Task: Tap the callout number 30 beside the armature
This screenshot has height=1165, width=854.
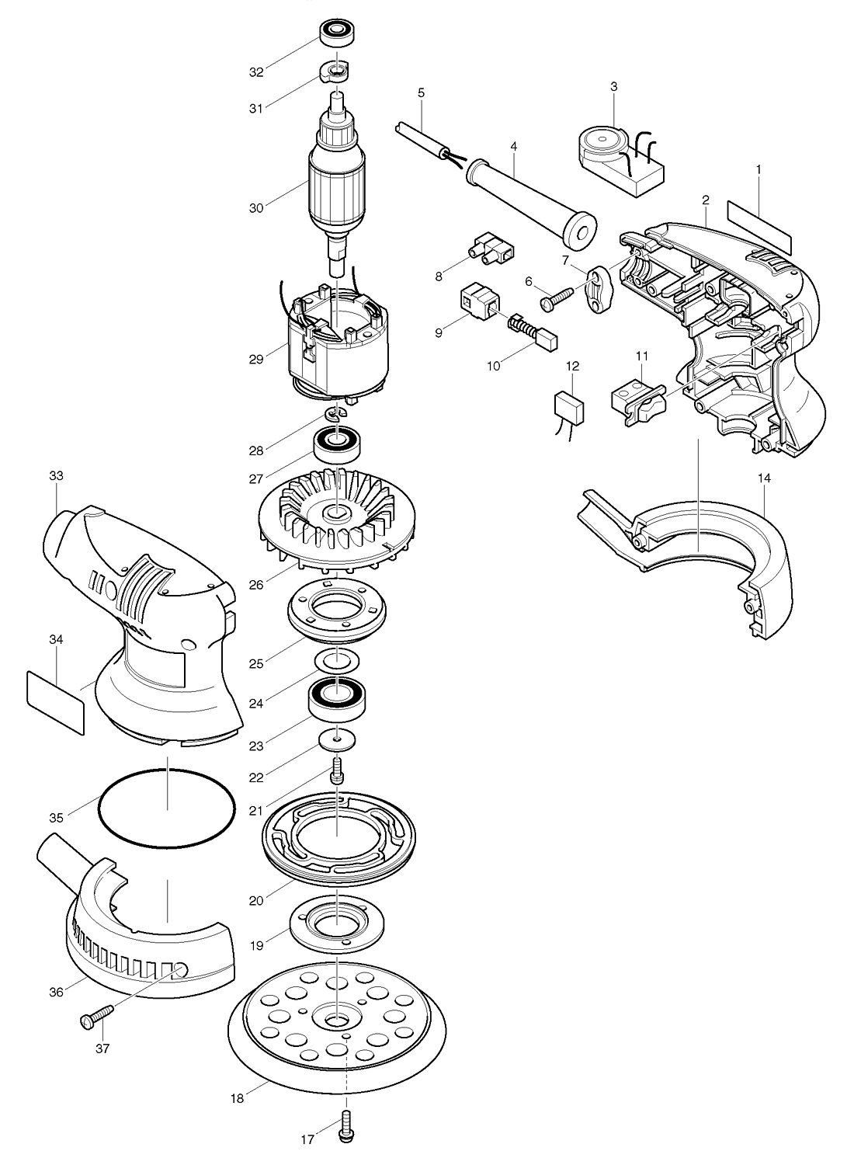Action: coord(256,208)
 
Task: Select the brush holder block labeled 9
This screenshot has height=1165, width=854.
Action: coord(479,301)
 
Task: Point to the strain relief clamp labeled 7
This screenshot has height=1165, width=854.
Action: coord(599,288)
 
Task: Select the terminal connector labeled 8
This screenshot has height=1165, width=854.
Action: coord(490,249)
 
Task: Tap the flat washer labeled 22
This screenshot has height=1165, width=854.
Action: coord(337,739)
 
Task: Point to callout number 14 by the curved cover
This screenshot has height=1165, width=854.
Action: coord(764,478)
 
